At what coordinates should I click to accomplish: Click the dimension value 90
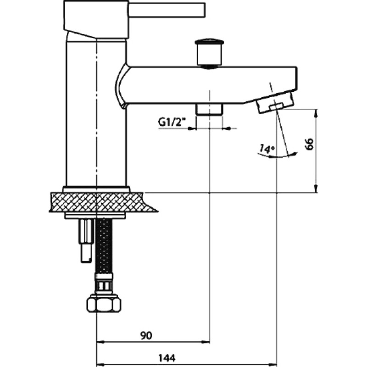click(x=146, y=335)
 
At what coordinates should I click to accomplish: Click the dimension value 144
click(x=167, y=358)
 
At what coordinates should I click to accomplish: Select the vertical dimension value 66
click(x=309, y=144)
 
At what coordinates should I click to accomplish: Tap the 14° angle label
click(x=267, y=149)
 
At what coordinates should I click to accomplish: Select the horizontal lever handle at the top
click(x=167, y=10)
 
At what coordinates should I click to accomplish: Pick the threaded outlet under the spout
click(x=209, y=109)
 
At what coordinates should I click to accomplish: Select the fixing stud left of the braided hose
click(x=86, y=240)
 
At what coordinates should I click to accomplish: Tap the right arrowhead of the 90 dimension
click(x=206, y=342)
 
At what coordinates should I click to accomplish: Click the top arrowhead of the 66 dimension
click(x=316, y=113)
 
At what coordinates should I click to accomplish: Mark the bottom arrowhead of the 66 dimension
click(x=316, y=189)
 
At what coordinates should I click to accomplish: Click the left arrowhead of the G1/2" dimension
click(x=192, y=128)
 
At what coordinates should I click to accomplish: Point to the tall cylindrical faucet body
click(x=96, y=112)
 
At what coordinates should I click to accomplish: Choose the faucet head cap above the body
click(x=96, y=19)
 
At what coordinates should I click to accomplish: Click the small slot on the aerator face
click(x=276, y=106)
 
